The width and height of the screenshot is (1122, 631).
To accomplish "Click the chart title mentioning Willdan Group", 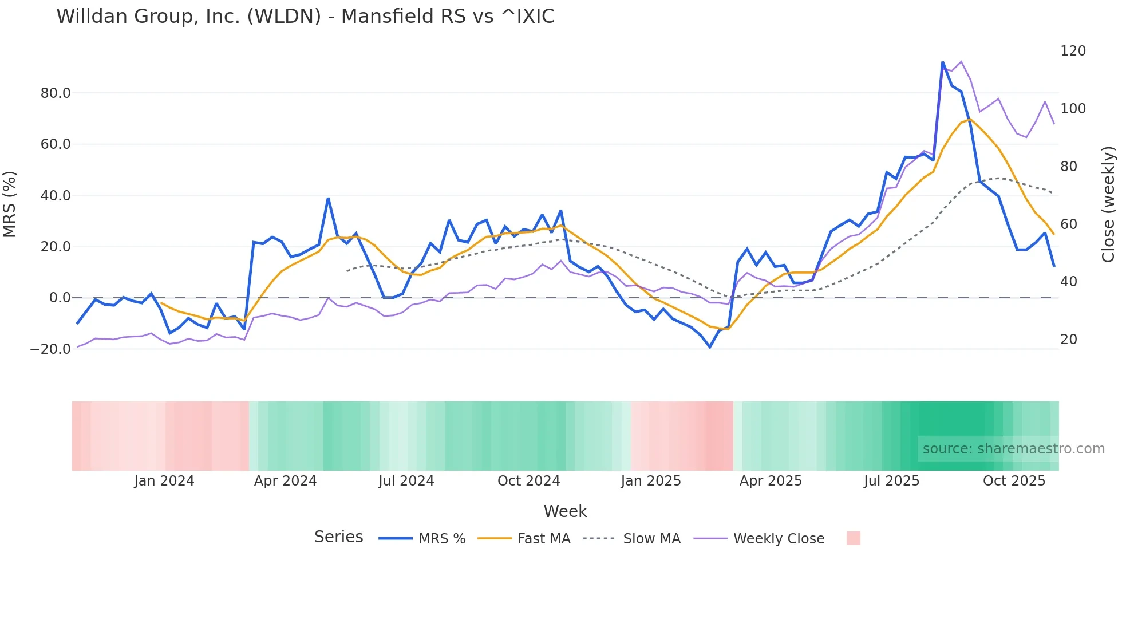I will click(x=305, y=17).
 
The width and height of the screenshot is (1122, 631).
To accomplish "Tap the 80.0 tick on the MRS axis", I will click(x=55, y=93).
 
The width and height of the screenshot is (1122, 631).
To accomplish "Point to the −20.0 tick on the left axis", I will click(x=50, y=349).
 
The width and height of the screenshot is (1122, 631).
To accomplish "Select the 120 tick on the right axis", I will click(x=1073, y=51).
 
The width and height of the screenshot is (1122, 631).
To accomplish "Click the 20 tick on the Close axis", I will click(x=1068, y=340).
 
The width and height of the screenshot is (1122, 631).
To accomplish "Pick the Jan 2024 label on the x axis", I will click(x=164, y=481).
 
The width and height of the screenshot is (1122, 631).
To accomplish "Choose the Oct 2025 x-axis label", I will click(x=1014, y=481).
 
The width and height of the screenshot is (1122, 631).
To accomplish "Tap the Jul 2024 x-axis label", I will click(x=406, y=481).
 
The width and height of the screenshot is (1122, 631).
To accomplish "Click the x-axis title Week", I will click(x=565, y=511).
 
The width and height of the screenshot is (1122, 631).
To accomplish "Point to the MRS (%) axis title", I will click(x=10, y=204).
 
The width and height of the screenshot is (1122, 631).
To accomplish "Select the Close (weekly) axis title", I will click(x=1108, y=204).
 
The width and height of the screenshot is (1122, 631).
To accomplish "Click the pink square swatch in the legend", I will click(x=853, y=538).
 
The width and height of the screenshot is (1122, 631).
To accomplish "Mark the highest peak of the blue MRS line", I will click(x=943, y=62).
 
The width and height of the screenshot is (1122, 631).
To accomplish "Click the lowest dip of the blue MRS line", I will click(x=710, y=347).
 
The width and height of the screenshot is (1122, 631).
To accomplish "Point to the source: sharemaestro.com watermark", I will click(x=1013, y=449).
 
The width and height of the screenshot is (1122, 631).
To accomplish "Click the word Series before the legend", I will click(x=338, y=537).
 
